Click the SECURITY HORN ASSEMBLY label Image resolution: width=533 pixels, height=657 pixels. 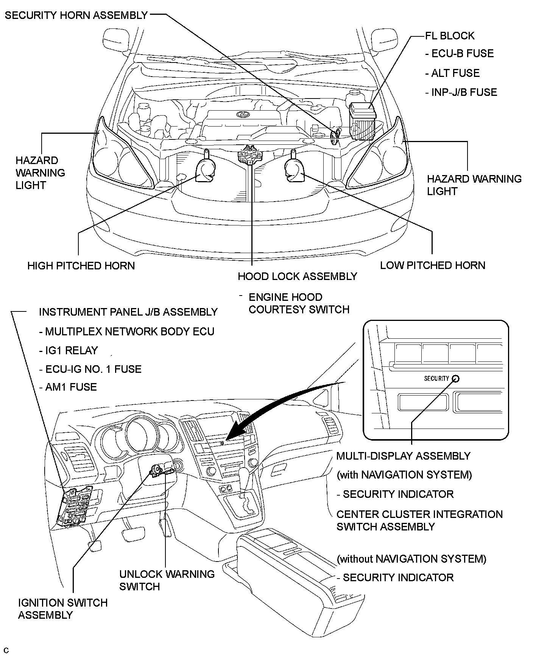point(76,15)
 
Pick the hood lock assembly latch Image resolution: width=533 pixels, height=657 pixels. point(249,155)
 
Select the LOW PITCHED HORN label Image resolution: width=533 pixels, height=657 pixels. point(432,265)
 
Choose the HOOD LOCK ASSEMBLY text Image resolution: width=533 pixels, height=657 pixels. point(297,276)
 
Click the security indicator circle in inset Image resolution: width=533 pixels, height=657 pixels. point(456,379)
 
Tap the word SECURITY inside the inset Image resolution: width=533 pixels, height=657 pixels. point(436,379)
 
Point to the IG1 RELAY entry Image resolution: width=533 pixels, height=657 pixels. point(69,350)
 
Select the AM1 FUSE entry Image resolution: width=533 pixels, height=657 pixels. point(68,387)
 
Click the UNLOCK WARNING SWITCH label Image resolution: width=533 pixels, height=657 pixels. point(167,580)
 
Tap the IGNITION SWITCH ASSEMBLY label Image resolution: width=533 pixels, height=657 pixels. point(62,609)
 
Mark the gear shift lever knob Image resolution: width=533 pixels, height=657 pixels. point(244,474)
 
